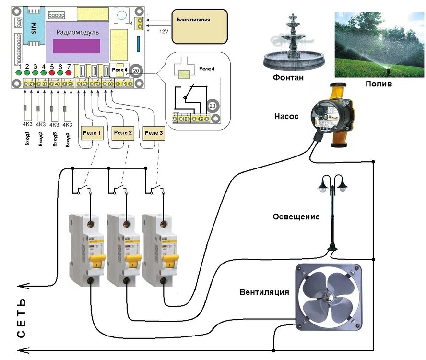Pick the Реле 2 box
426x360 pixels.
[x=123, y=133]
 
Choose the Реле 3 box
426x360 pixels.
[x=154, y=133]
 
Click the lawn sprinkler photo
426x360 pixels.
[x=379, y=41]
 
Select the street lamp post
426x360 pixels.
[x=331, y=211]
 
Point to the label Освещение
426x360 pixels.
[x=296, y=217]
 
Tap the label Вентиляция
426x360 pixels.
[x=265, y=291]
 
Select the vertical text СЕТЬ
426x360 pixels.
[x=21, y=319]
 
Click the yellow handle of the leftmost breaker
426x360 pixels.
[x=99, y=262]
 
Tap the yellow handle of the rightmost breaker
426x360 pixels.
[x=168, y=262]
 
